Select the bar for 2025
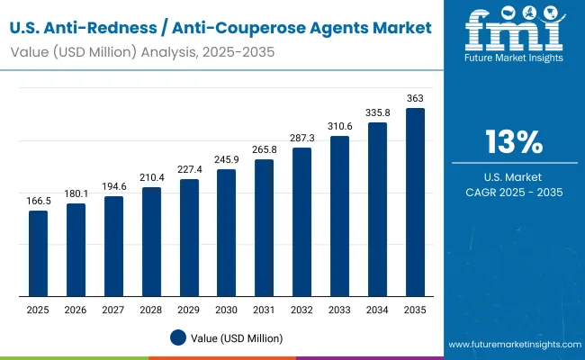pyautogui.click(x=38, y=253)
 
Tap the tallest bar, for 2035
pyautogui.click(x=415, y=202)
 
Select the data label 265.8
pyautogui.click(x=265, y=149)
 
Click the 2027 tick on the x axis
pyautogui.click(x=113, y=310)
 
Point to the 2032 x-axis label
pyautogui.click(x=302, y=310)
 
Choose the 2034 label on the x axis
pyautogui.click(x=377, y=310)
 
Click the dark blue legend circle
pyautogui.click(x=178, y=337)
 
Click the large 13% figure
pyautogui.click(x=514, y=142)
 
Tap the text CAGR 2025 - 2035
pyautogui.click(x=514, y=192)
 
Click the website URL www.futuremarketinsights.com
pyautogui.click(x=511, y=345)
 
